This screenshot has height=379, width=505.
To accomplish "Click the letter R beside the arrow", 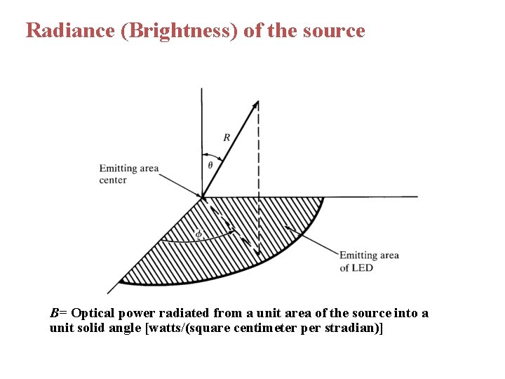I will [x=226, y=138].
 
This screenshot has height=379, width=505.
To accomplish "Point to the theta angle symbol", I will [x=210, y=166].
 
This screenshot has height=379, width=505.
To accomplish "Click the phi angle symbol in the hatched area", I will [x=198, y=233].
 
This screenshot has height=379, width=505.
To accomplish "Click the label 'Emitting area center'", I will [x=128, y=174].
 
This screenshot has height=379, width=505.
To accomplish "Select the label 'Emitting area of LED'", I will [x=369, y=261].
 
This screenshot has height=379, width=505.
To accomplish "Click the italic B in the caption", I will [x=54, y=313].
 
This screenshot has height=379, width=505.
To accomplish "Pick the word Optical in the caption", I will [x=93, y=313].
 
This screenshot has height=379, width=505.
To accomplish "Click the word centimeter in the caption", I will [x=264, y=328].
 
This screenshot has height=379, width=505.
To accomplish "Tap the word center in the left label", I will [x=113, y=180].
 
